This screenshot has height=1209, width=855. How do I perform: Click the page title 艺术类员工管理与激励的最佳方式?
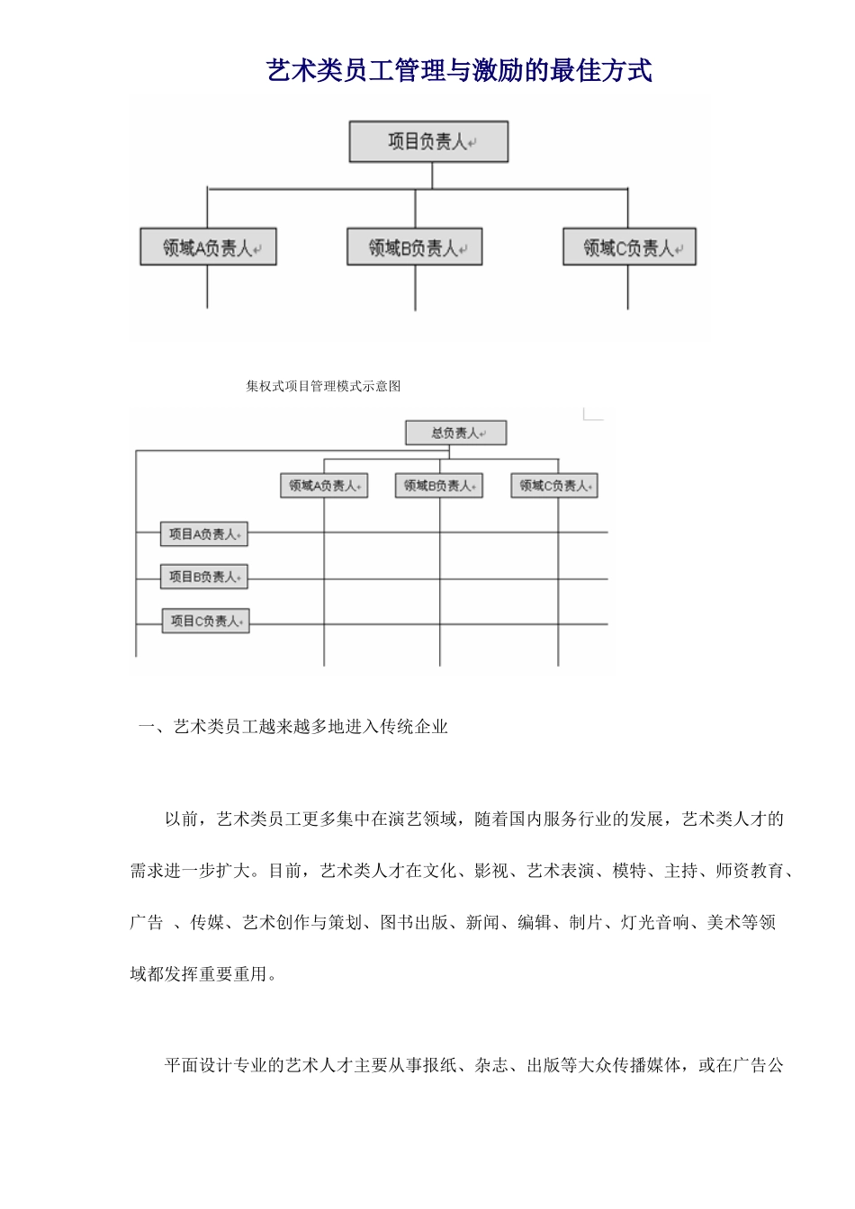click(x=459, y=71)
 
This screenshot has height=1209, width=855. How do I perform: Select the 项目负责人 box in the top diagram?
click(x=428, y=142)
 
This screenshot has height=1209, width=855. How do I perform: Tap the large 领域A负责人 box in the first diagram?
click(x=208, y=247)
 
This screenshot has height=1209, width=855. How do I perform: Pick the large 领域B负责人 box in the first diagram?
click(x=415, y=247)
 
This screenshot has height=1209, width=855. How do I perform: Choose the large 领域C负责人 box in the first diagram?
click(x=629, y=247)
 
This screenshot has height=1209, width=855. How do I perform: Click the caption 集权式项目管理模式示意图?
click(x=323, y=386)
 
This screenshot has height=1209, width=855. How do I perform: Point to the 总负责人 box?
click(x=456, y=434)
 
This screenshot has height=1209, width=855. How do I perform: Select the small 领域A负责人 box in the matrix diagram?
click(x=324, y=486)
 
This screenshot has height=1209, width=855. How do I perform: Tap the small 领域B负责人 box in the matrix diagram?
click(x=439, y=486)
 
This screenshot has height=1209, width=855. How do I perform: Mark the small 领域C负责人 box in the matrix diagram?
click(x=554, y=486)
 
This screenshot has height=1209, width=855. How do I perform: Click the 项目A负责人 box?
click(x=204, y=534)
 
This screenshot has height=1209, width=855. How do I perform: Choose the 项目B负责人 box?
click(x=204, y=577)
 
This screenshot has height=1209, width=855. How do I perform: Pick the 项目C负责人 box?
click(x=205, y=621)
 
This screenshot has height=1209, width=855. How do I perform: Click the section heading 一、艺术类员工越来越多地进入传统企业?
click(x=293, y=727)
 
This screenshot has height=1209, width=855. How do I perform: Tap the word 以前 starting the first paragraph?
click(x=181, y=819)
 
